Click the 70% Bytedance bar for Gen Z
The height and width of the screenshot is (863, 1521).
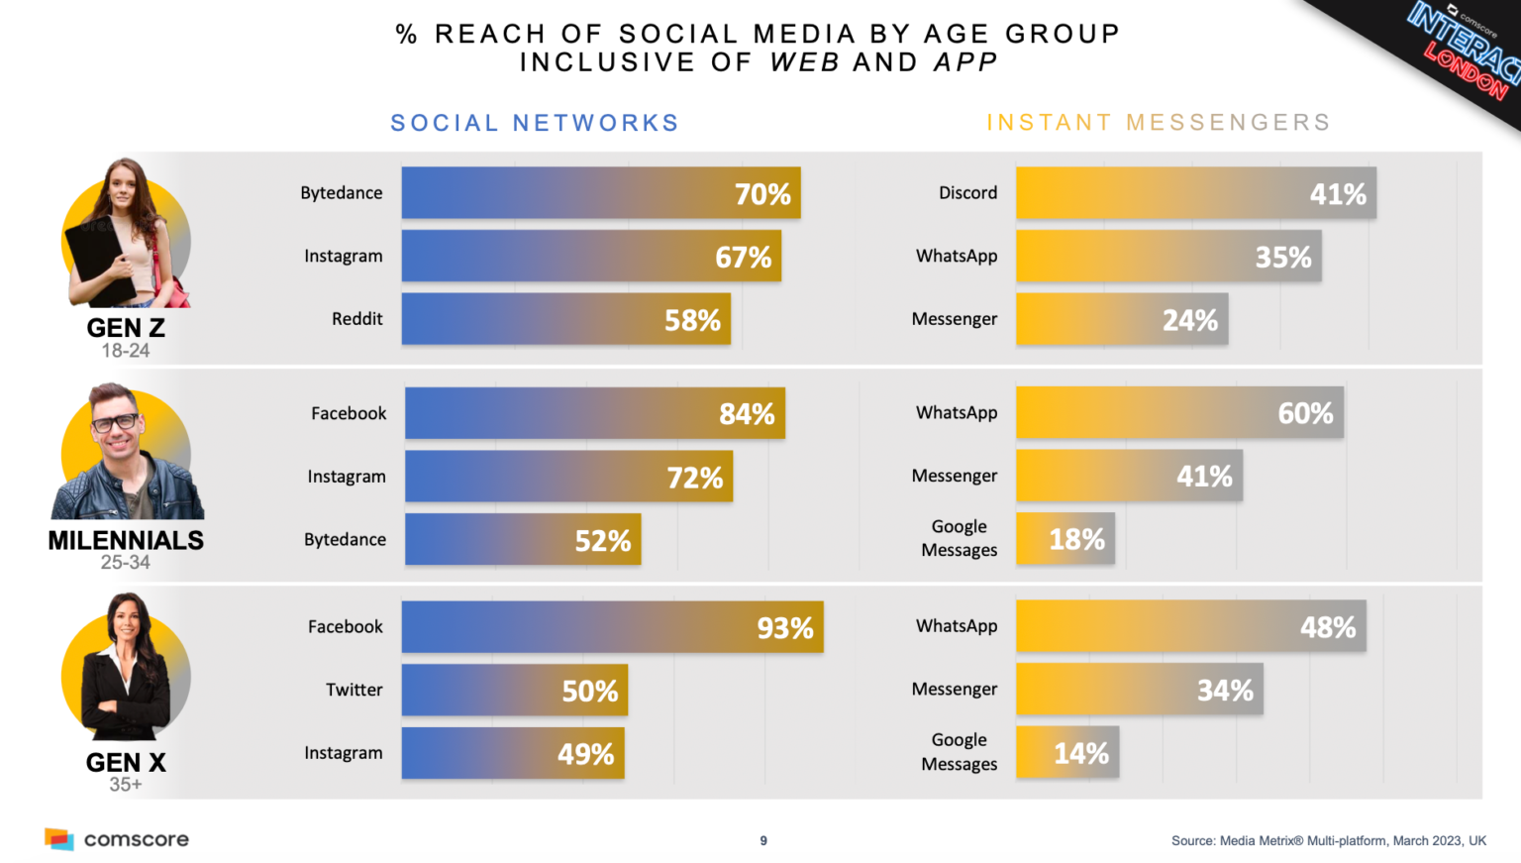point(600,193)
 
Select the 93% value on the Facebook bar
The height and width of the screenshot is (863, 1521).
point(784,628)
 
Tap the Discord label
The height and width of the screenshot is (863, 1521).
point(967,193)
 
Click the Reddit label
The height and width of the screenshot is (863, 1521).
point(356,319)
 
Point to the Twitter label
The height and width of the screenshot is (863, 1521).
point(354,690)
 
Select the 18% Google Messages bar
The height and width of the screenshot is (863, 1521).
point(1065,539)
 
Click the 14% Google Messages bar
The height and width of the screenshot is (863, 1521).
point(1067,754)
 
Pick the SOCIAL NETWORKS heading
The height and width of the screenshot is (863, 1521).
point(535,123)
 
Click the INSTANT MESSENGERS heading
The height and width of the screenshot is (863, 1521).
point(1158,122)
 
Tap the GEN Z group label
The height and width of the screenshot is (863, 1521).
point(126,328)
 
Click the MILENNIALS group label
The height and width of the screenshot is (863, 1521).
point(126,541)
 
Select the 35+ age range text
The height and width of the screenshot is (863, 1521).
point(126,785)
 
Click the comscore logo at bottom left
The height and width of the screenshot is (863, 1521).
point(117,839)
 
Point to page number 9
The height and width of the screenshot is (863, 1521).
point(763,840)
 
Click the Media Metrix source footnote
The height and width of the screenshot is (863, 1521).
point(1328,840)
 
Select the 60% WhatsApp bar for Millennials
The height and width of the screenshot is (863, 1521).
point(1179,413)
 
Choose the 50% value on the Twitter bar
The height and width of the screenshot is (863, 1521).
point(589,692)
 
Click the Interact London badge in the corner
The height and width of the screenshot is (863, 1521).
point(1462,50)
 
